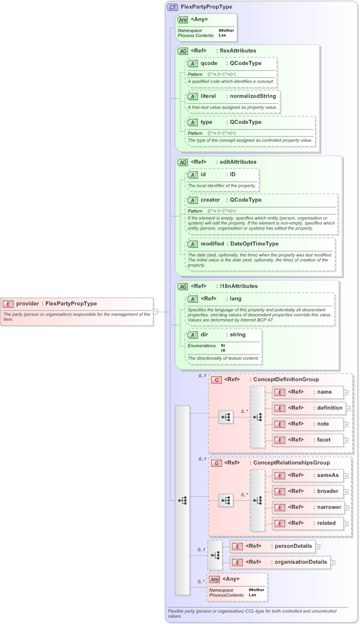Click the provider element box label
[x=56, y=303]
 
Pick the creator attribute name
[x=210, y=200]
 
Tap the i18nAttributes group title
[x=238, y=286]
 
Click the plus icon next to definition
[x=348, y=409]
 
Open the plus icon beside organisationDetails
[x=333, y=563]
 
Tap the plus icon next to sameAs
[x=346, y=476]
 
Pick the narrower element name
[x=329, y=507]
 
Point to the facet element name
[x=324, y=439]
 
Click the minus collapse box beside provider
[x=156, y=312]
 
